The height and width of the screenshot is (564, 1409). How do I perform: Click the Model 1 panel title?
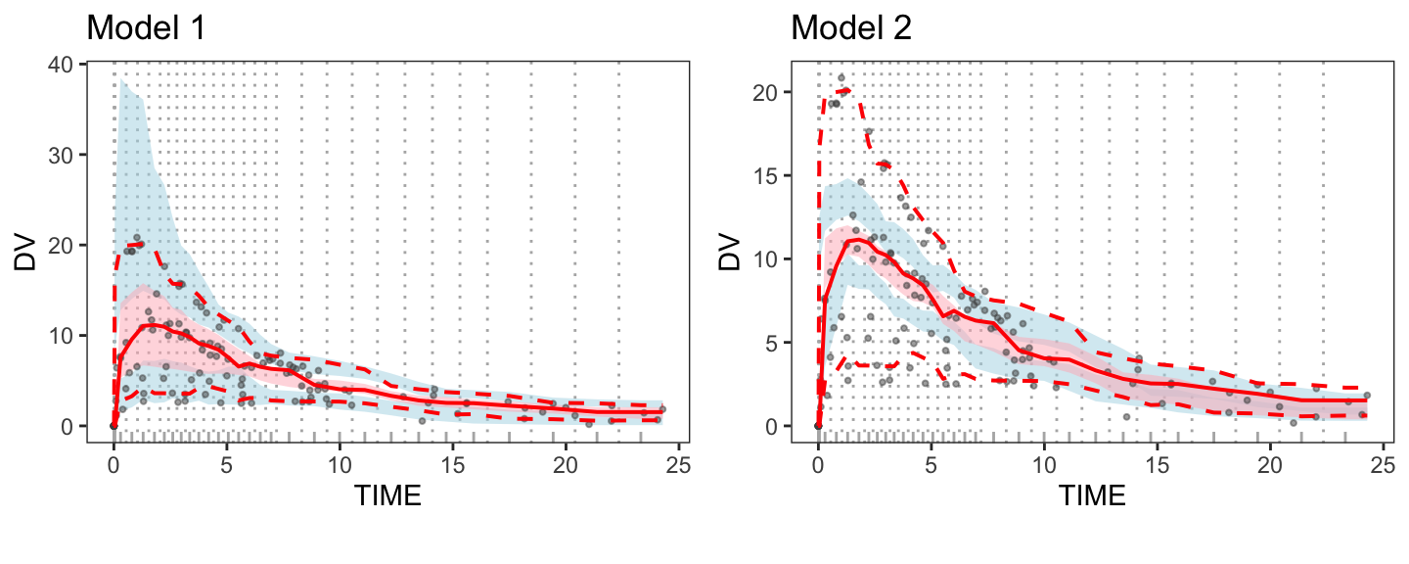(x=146, y=27)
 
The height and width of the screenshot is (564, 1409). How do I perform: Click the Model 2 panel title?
(x=851, y=27)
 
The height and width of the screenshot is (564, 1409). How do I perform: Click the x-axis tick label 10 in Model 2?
(x=1044, y=462)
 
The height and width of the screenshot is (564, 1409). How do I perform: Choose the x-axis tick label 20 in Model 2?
(x=1270, y=462)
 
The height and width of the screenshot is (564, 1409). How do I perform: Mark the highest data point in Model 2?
(x=841, y=77)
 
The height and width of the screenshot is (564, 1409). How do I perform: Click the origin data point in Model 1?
(x=114, y=426)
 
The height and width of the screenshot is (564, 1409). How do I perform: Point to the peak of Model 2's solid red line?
(x=856, y=239)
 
